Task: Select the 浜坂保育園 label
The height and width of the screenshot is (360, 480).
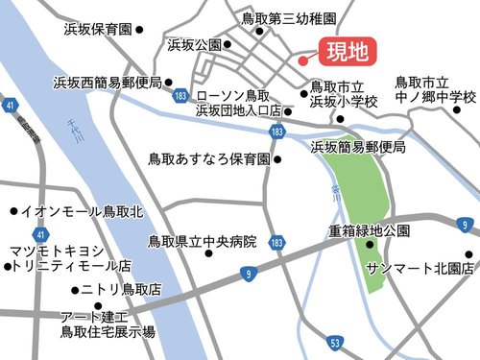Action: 95,30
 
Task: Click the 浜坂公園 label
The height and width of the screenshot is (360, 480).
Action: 194,45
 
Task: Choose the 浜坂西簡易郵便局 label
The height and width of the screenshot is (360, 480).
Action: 108,83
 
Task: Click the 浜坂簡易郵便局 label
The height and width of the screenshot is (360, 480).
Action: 358,148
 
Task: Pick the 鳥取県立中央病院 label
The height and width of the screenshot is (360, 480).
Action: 203,242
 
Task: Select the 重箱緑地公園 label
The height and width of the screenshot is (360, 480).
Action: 370,230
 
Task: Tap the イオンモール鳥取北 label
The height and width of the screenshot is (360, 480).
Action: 82,210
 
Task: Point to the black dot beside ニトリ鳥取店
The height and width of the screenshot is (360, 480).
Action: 75,290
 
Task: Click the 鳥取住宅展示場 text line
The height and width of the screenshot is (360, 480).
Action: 108,332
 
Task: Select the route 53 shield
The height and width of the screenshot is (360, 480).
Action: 334,343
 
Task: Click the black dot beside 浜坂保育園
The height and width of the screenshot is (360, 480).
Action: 139,31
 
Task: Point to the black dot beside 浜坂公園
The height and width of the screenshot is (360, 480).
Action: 228,45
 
